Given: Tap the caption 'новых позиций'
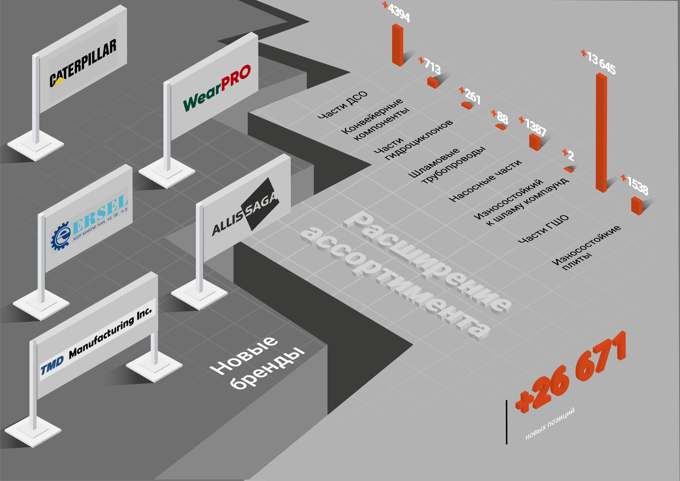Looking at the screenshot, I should click(550, 423).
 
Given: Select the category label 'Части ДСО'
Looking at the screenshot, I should click(342, 105).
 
